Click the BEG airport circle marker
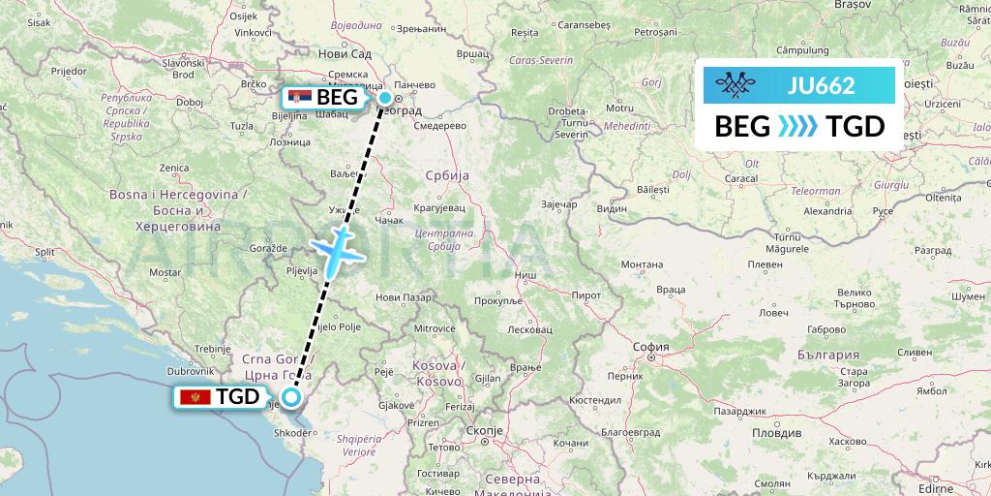click(385, 98)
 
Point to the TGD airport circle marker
click(289, 396)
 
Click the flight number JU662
click(821, 85)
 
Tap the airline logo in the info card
click(740, 86)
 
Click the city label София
click(651, 346)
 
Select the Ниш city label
click(526, 275)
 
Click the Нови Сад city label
click(344, 54)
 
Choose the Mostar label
click(165, 273)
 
